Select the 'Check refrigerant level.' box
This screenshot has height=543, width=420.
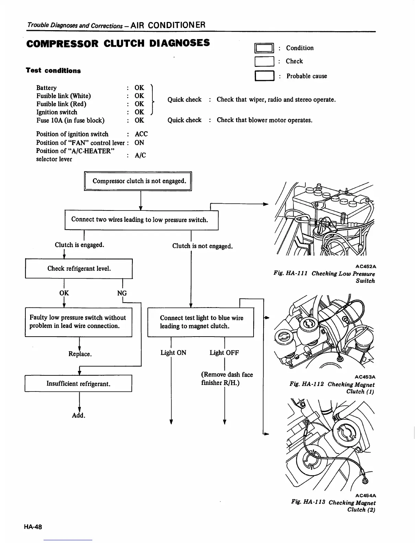pyautogui.click(x=79, y=269)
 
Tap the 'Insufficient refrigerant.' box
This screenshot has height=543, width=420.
pyautogui.click(x=78, y=384)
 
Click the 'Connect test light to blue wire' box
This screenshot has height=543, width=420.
pyautogui.click(x=201, y=322)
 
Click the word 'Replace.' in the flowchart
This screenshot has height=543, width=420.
pyautogui.click(x=80, y=354)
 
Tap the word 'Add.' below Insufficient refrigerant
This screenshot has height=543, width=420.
pyautogui.click(x=79, y=415)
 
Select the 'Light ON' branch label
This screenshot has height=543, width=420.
pyautogui.click(x=173, y=353)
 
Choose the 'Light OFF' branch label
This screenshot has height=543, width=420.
pyautogui.click(x=224, y=353)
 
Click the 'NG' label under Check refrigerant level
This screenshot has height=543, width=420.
pyautogui.click(x=122, y=293)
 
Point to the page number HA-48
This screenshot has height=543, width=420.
pyautogui.click(x=33, y=527)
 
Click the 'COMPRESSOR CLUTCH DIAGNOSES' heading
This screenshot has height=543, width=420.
pyautogui.click(x=118, y=44)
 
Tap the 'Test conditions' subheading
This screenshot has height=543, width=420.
pyautogui.click(x=54, y=71)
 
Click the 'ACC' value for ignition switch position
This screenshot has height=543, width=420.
pyautogui.click(x=141, y=134)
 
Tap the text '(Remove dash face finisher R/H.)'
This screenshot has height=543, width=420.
pyautogui.click(x=227, y=379)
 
